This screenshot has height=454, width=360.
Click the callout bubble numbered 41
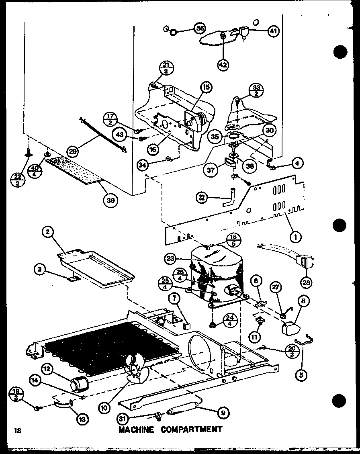(274, 32)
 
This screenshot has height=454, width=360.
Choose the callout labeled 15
(206, 87)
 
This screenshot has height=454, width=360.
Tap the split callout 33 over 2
(255, 90)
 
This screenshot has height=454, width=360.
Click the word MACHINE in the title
(136, 429)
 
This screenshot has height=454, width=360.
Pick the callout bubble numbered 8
(303, 301)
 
